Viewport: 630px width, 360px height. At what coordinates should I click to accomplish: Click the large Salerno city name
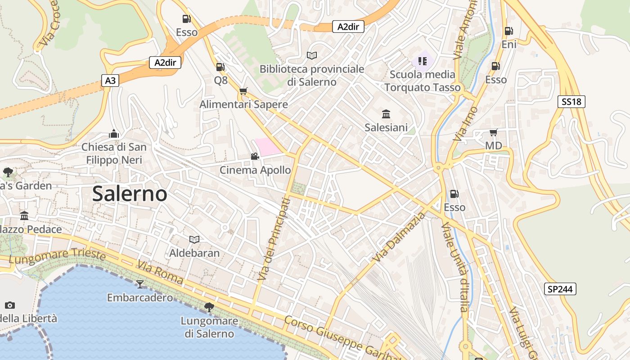point(130,194)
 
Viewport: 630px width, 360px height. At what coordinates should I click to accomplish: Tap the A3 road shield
point(110,81)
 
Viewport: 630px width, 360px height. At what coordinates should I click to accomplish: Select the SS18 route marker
point(571,102)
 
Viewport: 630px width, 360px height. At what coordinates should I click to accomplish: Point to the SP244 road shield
point(560,289)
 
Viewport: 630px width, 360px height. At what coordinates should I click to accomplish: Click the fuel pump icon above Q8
point(220,67)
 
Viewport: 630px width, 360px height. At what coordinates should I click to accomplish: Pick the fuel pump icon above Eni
point(508,31)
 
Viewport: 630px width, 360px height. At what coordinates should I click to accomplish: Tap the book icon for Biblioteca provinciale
point(312,55)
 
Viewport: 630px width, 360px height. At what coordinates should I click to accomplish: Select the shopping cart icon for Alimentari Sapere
point(243,91)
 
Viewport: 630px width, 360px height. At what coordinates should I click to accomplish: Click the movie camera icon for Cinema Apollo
point(255,157)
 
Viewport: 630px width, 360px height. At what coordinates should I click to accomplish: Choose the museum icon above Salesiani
point(386,114)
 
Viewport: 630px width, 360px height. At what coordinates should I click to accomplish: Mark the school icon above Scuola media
point(422,61)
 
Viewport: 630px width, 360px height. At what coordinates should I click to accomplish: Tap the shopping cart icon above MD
point(493,132)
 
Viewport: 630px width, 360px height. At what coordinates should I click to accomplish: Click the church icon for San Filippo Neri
point(114,134)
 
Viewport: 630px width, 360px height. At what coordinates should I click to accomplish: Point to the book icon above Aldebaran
point(194,239)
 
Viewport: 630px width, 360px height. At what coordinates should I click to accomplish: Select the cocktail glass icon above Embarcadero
point(139,284)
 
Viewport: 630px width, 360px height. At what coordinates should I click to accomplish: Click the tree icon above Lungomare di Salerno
point(209,307)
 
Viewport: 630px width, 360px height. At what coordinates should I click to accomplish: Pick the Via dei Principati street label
point(272,239)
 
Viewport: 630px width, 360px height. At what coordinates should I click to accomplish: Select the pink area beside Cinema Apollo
point(268,147)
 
